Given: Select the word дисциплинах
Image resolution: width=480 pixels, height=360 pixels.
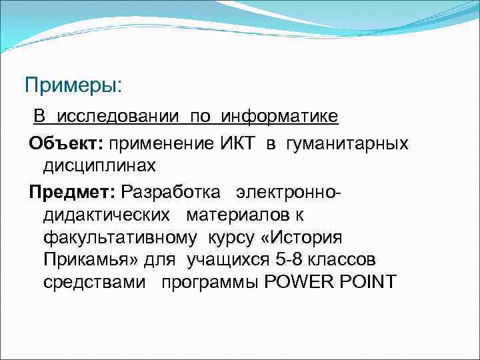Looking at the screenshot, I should (99, 165).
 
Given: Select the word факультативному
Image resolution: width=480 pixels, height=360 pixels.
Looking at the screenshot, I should (120, 237).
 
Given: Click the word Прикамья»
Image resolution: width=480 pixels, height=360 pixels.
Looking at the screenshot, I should (83, 259).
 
